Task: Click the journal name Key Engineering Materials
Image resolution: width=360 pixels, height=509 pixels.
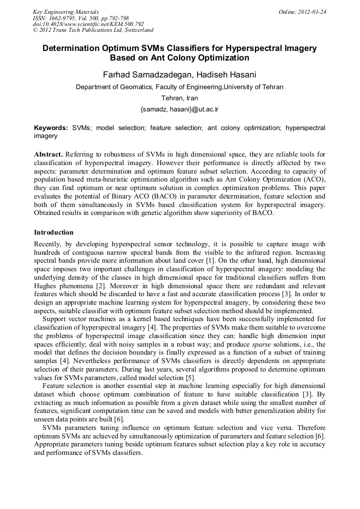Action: pos(65,12)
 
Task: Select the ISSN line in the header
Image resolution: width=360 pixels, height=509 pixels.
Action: pos(81,18)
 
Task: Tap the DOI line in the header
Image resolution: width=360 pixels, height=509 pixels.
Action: pos(88,24)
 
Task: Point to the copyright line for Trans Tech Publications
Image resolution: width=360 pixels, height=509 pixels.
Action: pos(93,30)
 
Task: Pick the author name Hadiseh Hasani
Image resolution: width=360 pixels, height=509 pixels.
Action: pos(219,74)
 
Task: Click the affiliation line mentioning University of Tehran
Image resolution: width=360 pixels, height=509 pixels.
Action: pos(179,87)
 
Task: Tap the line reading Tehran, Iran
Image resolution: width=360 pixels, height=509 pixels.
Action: pos(179,98)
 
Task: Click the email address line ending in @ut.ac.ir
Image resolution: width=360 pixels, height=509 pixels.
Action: pos(179,109)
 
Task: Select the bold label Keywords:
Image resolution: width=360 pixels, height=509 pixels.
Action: pos(51,128)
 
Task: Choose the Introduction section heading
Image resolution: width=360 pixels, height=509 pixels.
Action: pos(54,232)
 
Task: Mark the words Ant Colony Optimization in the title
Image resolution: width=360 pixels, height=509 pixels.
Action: pos(202,58)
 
